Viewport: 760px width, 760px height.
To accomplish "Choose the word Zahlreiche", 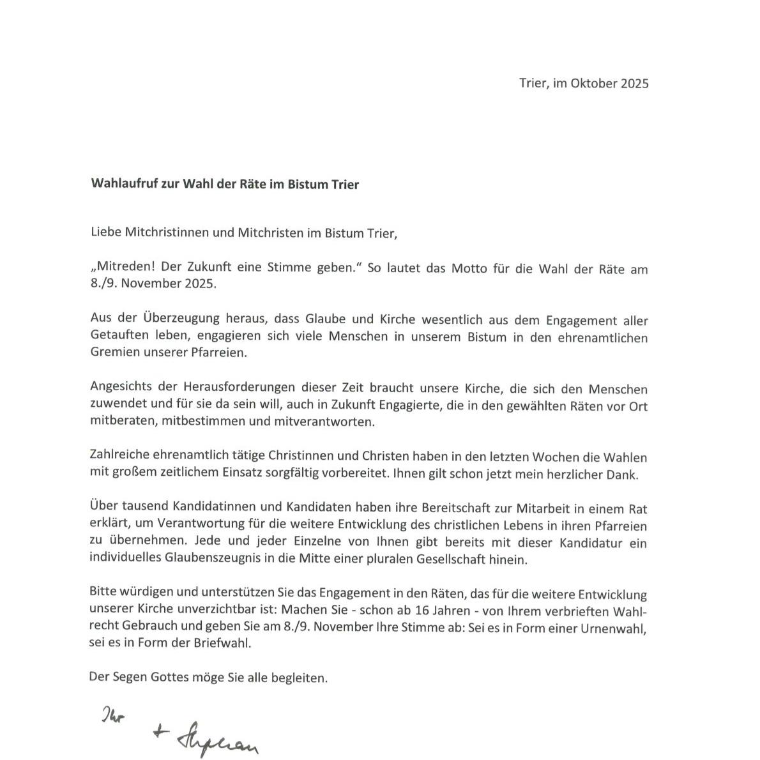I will pos(119,457).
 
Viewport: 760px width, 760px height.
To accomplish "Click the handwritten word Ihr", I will pos(112,716).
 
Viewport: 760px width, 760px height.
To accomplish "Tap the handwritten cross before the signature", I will pos(158,733).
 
